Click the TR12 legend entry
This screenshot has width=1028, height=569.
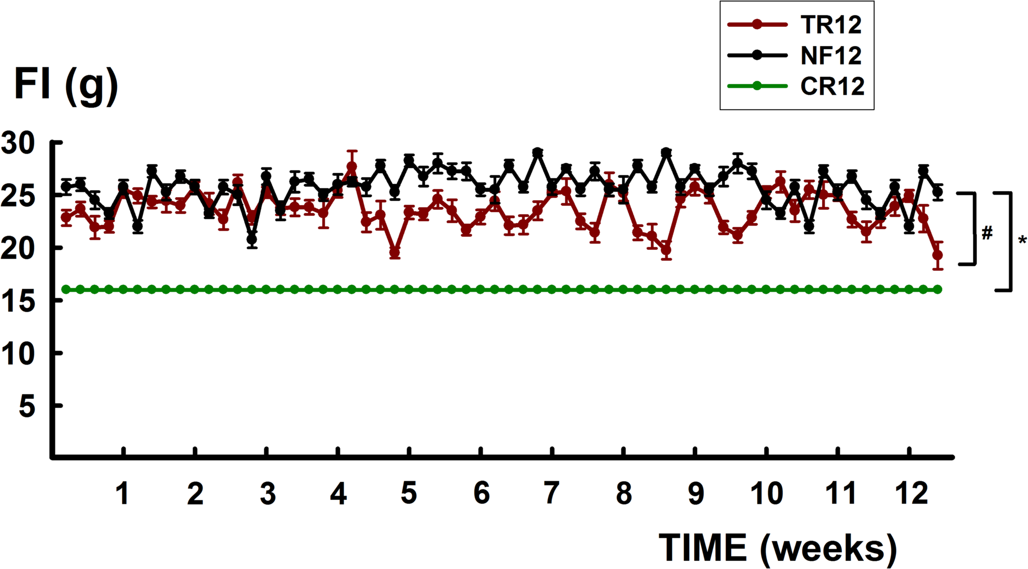point(830,25)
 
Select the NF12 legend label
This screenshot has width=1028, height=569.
point(831,55)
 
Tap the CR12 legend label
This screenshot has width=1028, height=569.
point(832,86)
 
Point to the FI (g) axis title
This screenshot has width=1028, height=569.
point(66,85)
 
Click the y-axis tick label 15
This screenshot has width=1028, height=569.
point(18,301)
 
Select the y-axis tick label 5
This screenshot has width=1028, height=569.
point(27,407)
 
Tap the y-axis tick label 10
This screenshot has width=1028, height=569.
point(18,354)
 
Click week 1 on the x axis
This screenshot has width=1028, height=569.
point(122,494)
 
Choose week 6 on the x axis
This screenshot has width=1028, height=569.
point(481,494)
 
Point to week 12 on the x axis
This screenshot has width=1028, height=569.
point(911,494)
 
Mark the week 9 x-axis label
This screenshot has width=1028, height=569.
point(696,494)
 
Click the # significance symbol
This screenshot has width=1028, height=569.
point(987,233)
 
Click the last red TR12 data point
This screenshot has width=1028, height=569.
point(937,255)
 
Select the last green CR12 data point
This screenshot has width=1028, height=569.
point(937,290)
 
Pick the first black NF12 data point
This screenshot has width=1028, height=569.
point(66,186)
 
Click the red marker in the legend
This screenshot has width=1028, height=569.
point(757,25)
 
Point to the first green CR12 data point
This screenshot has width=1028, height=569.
point(66,290)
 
